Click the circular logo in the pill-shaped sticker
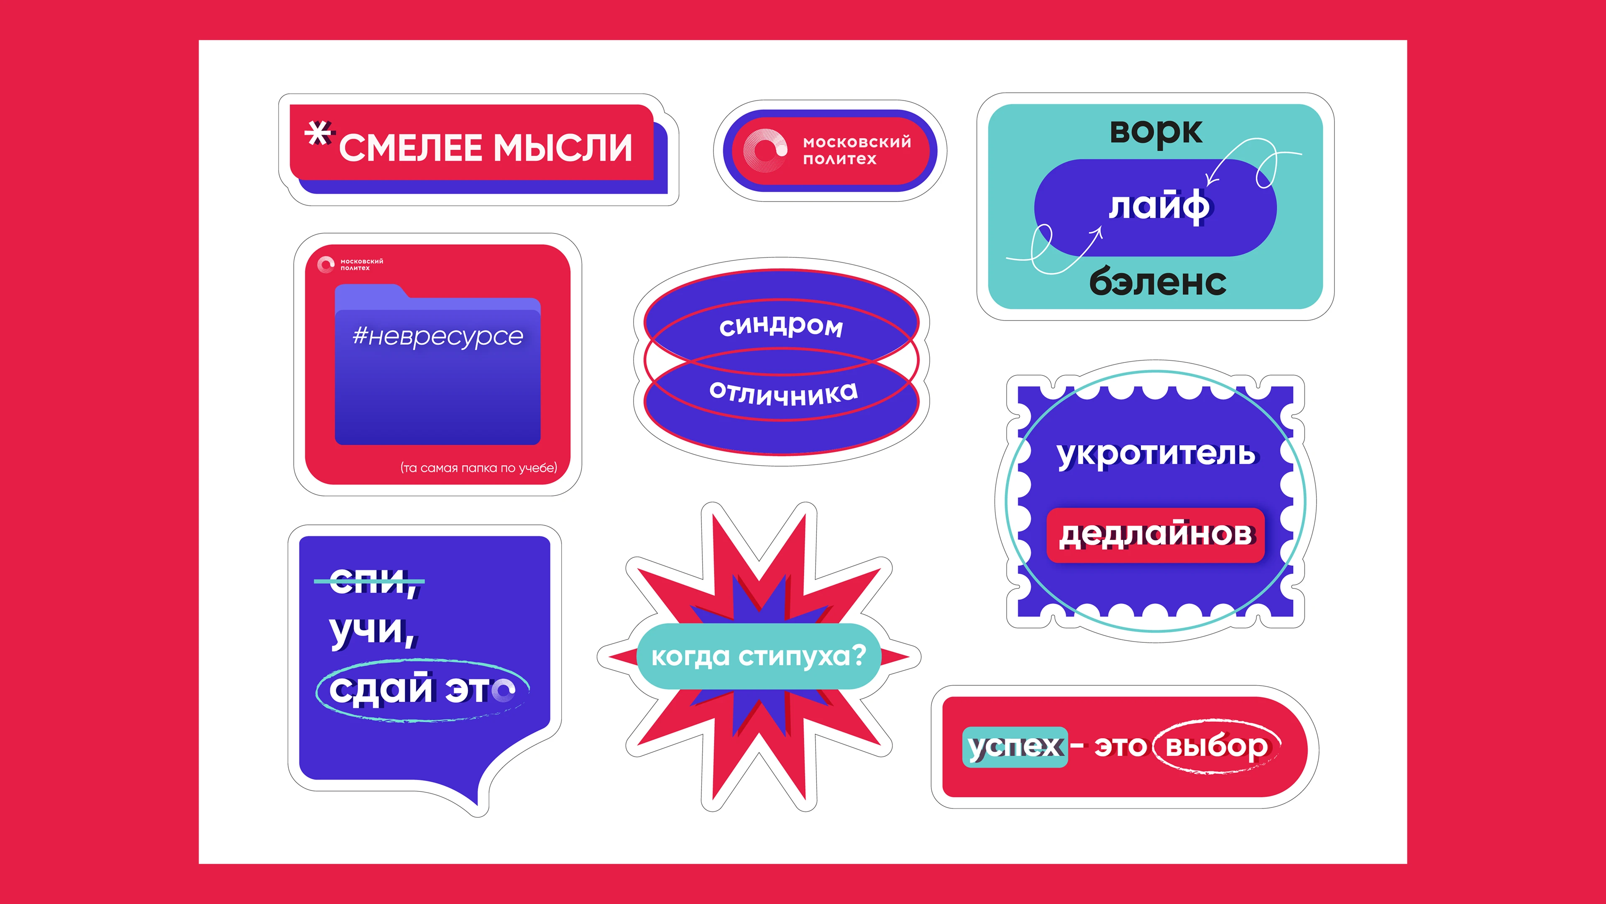click(x=765, y=150)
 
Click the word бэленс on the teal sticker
click(x=1158, y=282)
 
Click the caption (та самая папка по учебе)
click(x=478, y=468)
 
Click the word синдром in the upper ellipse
click(x=781, y=325)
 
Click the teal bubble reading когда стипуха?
click(x=759, y=656)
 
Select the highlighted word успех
click(x=1015, y=747)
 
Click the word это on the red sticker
click(x=1120, y=747)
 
